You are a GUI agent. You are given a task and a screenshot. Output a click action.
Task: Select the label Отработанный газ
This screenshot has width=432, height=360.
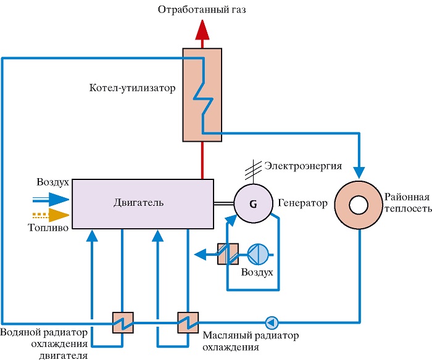pyautogui.click(x=202, y=10)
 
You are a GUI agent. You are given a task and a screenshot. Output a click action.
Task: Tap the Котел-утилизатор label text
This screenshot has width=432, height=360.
pyautogui.click(x=132, y=88)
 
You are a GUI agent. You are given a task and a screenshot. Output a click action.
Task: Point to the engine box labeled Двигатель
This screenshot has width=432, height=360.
pyautogui.click(x=143, y=204)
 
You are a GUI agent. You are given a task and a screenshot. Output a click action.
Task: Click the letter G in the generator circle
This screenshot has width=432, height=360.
pyautogui.click(x=253, y=204)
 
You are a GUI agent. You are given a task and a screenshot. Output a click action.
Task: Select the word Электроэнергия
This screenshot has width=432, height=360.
pyautogui.click(x=303, y=166)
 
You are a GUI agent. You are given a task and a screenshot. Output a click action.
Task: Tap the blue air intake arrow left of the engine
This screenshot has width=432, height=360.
pyautogui.click(x=51, y=199)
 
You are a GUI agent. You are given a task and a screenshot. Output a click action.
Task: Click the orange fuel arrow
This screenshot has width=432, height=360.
pyautogui.click(x=51, y=215)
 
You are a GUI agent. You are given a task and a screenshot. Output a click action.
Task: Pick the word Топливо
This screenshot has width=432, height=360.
pyautogui.click(x=49, y=227)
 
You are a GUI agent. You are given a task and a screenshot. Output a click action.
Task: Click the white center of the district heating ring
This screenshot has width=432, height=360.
pyautogui.click(x=359, y=205)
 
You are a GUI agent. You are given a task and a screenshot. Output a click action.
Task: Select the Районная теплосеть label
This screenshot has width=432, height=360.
pyautogui.click(x=408, y=203)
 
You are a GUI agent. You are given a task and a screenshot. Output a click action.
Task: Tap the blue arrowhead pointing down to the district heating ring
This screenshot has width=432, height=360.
pyautogui.click(x=359, y=173)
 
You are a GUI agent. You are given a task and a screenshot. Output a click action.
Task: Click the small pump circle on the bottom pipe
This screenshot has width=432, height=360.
pyautogui.click(x=272, y=322)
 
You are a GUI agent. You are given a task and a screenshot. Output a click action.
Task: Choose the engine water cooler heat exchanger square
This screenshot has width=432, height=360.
pyautogui.click(x=123, y=322)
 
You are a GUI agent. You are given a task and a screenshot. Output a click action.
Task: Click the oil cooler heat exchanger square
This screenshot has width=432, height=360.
pyautogui.click(x=188, y=322)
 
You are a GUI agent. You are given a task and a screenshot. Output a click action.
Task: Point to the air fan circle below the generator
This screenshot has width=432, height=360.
pyautogui.click(x=258, y=254)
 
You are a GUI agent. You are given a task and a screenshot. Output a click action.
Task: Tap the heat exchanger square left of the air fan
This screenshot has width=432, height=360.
pyautogui.click(x=228, y=254)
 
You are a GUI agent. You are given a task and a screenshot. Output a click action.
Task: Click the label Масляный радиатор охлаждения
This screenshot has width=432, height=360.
pyautogui.click(x=251, y=342)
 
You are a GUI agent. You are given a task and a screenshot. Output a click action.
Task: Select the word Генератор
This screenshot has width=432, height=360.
pyautogui.click(x=302, y=203)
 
